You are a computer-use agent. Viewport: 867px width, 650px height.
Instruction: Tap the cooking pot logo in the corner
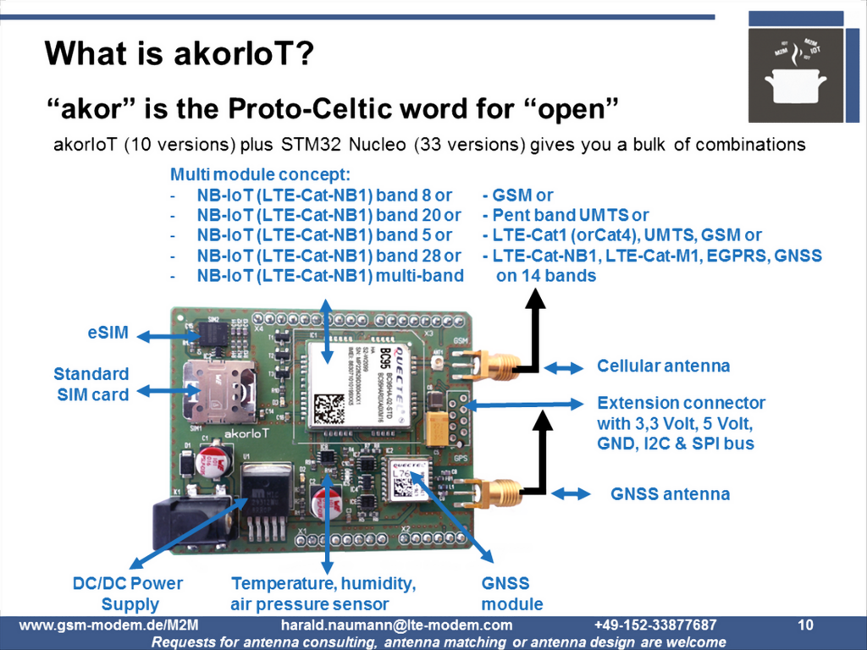[795, 78]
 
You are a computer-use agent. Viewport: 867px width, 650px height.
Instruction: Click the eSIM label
[108, 333]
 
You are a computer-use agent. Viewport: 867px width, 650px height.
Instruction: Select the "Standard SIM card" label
[91, 384]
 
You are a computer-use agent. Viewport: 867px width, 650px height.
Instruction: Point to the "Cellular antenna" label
[663, 366]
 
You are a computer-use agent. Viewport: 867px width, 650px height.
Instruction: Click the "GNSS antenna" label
[670, 493]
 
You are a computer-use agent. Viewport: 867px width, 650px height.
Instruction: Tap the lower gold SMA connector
[491, 492]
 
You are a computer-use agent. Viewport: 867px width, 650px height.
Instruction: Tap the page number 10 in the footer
[805, 625]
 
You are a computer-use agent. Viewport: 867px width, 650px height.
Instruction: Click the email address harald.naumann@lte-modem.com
[396, 625]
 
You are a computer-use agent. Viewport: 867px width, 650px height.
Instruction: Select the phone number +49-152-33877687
[655, 625]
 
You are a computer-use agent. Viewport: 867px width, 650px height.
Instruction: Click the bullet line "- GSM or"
[517, 196]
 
